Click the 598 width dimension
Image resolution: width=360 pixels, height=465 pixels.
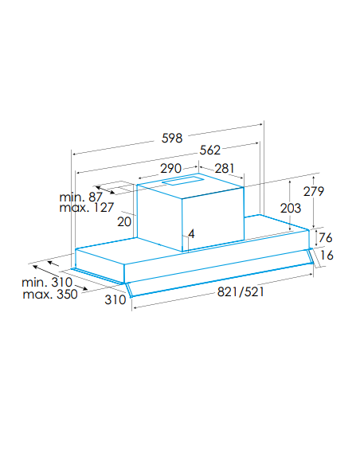172,139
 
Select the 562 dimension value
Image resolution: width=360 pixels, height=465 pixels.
210,150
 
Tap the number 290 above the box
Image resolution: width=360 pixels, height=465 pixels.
170,169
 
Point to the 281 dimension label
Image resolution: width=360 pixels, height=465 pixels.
225,169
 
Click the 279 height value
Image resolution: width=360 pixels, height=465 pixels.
314,191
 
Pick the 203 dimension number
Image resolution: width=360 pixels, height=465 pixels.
291,208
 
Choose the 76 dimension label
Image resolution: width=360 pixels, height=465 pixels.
325,237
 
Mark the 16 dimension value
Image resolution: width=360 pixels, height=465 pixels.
327,255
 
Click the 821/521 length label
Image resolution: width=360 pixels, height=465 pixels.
241,291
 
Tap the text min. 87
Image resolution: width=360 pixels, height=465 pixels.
80,197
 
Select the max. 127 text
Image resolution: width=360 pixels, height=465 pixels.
87,208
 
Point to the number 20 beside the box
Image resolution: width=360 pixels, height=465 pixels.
124,222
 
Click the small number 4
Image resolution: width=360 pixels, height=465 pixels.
192,233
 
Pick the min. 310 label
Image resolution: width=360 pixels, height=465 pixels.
47,283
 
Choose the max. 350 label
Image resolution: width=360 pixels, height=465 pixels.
50,295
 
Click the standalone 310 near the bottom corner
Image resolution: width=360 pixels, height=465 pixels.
115,300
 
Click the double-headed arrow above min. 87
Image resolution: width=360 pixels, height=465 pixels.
104,190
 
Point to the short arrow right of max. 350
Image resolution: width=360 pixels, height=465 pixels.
81,287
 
